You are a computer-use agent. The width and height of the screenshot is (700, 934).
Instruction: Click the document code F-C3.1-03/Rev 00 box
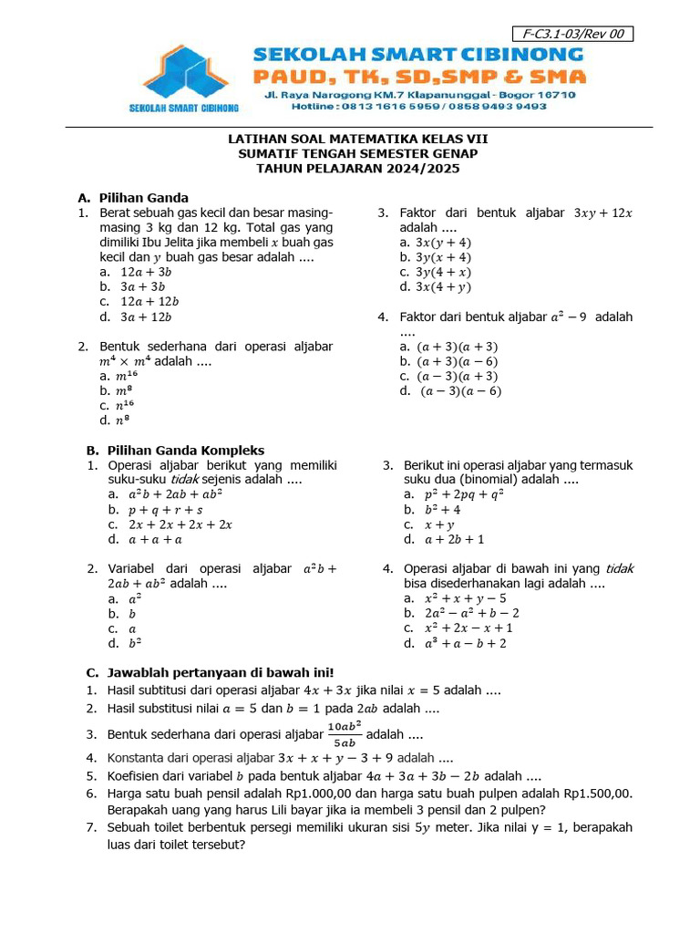(x=574, y=35)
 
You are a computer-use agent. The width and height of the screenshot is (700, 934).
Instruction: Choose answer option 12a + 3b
(x=146, y=272)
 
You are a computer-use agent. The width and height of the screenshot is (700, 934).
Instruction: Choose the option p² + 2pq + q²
(x=465, y=494)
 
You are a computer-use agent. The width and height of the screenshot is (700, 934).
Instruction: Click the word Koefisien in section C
(x=138, y=776)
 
